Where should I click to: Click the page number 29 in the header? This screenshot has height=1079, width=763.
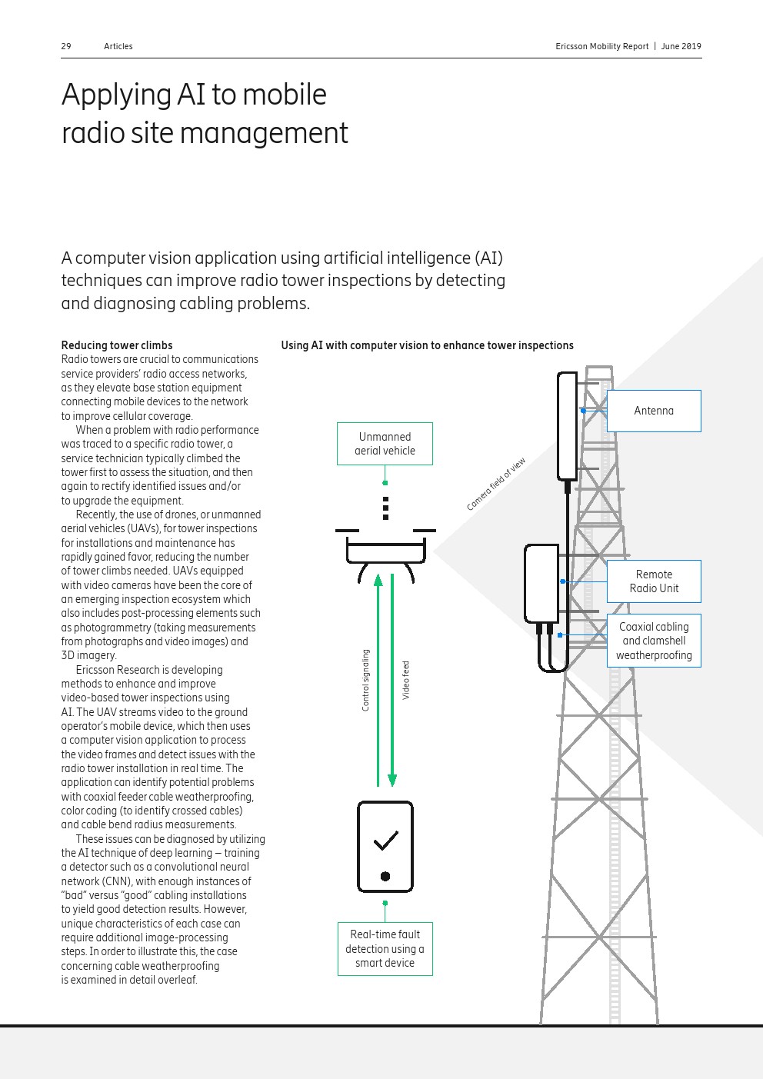(x=66, y=46)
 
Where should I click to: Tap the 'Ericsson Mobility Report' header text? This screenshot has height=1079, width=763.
(x=601, y=46)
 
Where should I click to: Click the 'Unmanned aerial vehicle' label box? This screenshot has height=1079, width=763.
(x=385, y=444)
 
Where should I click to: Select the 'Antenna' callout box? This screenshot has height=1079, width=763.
(x=654, y=411)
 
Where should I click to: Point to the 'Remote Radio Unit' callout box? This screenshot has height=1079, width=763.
(x=654, y=581)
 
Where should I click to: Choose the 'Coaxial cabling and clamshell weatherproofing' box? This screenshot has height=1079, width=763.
(x=654, y=641)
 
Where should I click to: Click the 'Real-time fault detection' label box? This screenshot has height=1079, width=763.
(x=385, y=948)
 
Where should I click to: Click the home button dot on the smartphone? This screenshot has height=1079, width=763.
(x=385, y=876)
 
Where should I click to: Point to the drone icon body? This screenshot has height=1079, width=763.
(x=385, y=551)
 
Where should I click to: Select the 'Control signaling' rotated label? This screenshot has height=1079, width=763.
(x=365, y=680)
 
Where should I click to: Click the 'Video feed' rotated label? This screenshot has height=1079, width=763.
(x=406, y=680)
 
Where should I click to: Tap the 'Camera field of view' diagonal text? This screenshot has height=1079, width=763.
(x=496, y=485)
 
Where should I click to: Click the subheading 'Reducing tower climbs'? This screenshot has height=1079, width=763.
(x=117, y=345)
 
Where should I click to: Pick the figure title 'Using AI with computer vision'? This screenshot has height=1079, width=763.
(x=427, y=345)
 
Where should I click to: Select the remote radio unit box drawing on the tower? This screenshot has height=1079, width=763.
(x=541, y=583)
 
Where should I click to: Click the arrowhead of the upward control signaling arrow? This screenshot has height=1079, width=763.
(x=378, y=580)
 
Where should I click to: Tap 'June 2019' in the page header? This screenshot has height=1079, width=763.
(x=681, y=46)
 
